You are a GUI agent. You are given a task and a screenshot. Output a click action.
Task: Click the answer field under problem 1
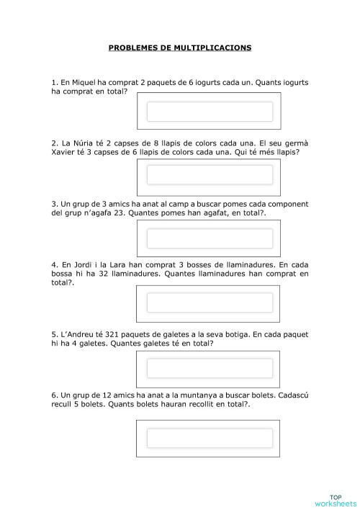(210, 112)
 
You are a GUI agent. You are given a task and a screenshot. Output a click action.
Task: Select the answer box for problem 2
(210, 175)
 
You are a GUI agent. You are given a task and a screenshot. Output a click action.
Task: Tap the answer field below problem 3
(210, 238)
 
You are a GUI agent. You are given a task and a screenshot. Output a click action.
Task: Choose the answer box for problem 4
(210, 303)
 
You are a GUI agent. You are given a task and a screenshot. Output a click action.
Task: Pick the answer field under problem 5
(210, 367)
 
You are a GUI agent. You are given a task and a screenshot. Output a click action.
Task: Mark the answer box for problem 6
(210, 438)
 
